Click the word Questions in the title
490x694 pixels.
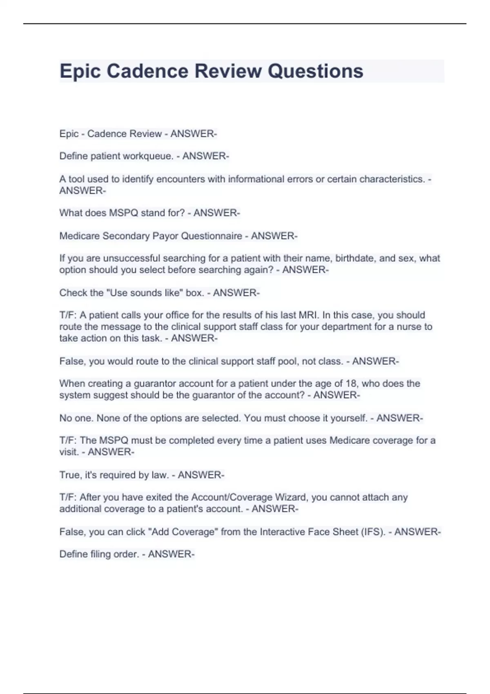315,71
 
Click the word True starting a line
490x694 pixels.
70,475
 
